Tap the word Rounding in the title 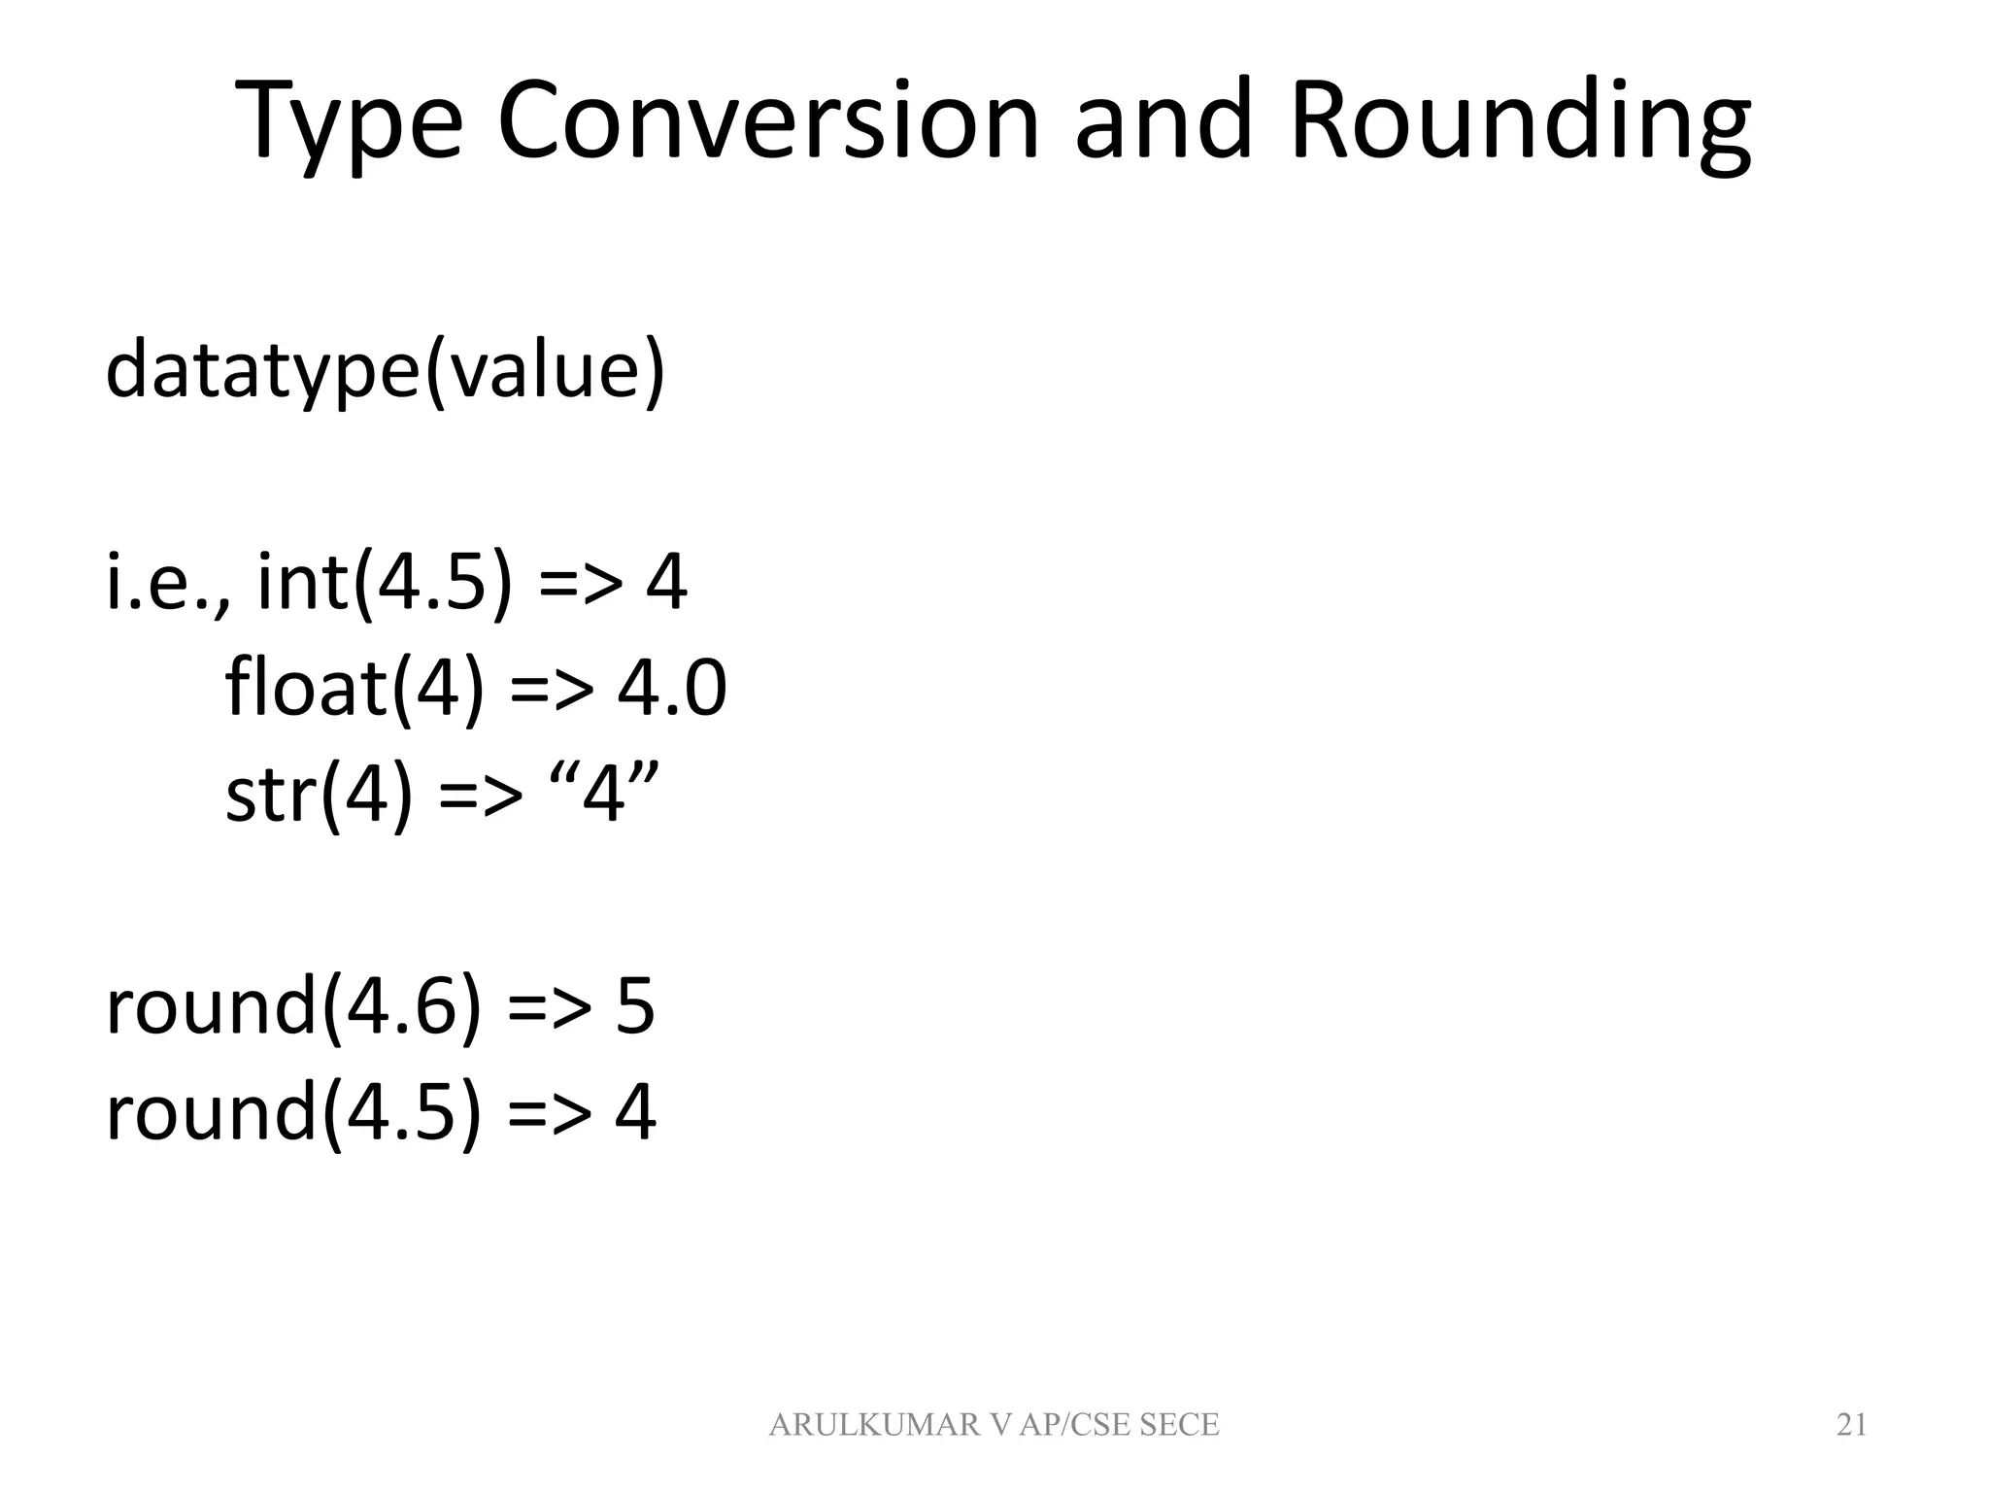(x=1520, y=124)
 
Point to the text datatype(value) (x=386, y=370)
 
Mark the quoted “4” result (x=605, y=793)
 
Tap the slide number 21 (x=1851, y=1425)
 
